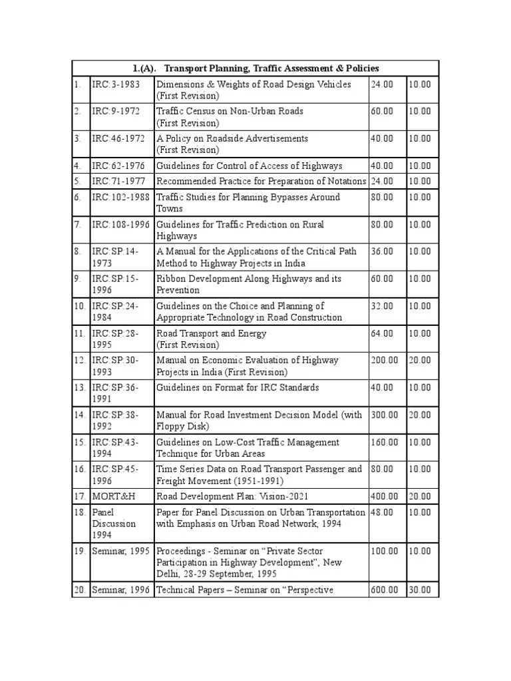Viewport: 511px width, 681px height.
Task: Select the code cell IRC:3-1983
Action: [x=116, y=84]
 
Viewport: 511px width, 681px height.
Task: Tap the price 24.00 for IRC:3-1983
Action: [x=382, y=84]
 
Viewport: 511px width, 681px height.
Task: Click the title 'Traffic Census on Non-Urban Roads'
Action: [x=230, y=111]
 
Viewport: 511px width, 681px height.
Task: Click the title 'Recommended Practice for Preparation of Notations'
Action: [x=261, y=181]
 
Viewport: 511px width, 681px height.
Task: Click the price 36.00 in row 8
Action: [x=382, y=251]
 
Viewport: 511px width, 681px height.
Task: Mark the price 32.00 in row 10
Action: [x=382, y=306]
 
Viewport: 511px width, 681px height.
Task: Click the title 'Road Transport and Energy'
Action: [x=212, y=333]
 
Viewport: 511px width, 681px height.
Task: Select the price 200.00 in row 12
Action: [x=385, y=360]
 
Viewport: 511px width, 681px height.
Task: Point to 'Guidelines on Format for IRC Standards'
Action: [x=238, y=387]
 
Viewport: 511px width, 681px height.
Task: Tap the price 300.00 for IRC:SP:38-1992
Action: [x=385, y=414]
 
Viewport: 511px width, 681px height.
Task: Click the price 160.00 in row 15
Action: [x=385, y=442]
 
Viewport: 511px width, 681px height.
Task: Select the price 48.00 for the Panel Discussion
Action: [x=382, y=512]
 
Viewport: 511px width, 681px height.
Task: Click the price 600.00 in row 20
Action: [x=385, y=590]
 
